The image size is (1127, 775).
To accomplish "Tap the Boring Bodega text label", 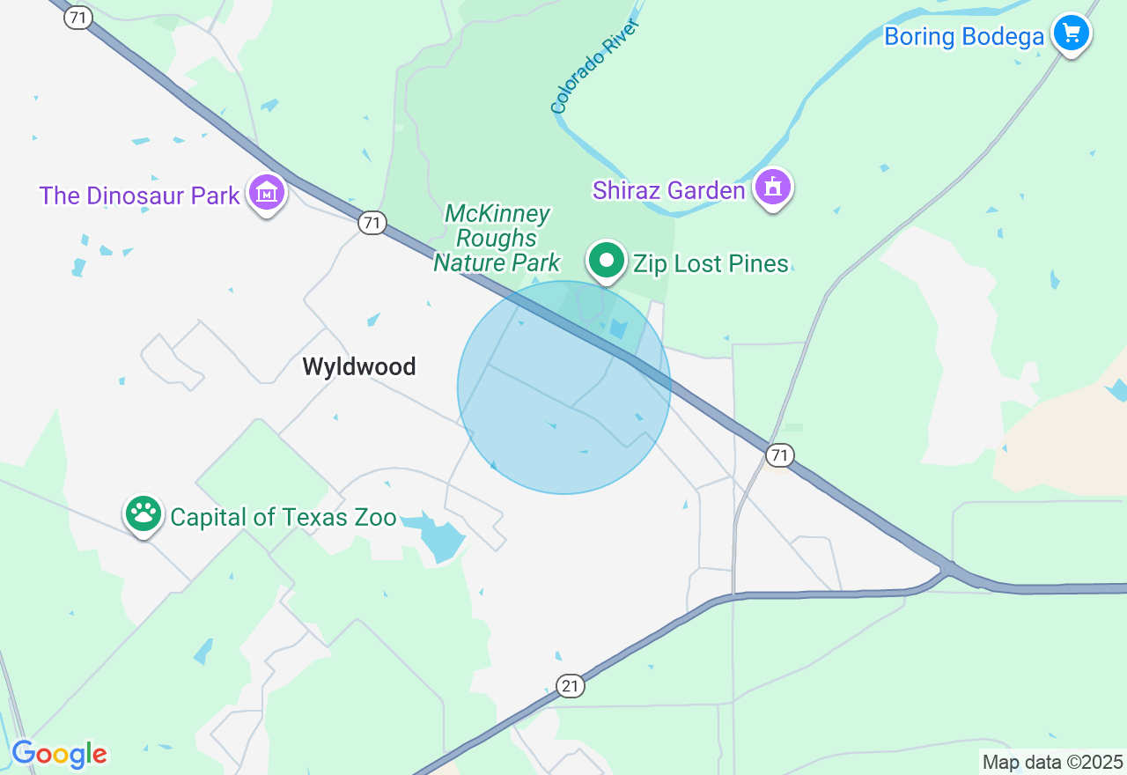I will pyautogui.click(x=964, y=37).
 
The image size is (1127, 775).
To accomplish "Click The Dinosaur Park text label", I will pyautogui.click(x=139, y=196).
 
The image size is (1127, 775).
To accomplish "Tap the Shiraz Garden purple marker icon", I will pyautogui.click(x=773, y=187).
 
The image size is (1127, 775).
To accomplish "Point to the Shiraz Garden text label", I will pyautogui.click(x=669, y=190).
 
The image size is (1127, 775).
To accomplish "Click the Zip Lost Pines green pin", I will pyautogui.click(x=607, y=261).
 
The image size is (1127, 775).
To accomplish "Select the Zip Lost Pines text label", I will pyautogui.click(x=711, y=263).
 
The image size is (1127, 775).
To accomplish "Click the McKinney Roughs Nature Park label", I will pyautogui.click(x=497, y=238).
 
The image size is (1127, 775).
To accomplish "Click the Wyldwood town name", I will pyautogui.click(x=359, y=366).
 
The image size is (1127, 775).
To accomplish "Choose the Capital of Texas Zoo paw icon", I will pyautogui.click(x=144, y=513).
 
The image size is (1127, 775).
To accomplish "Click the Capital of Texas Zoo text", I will pyautogui.click(x=284, y=517).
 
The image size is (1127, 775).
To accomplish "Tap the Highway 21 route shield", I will pyautogui.click(x=571, y=686).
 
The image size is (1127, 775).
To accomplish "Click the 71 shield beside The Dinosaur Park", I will pyautogui.click(x=372, y=223).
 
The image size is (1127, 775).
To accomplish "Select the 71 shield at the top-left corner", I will pyautogui.click(x=78, y=17).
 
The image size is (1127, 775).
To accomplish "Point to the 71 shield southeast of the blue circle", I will pyautogui.click(x=778, y=454).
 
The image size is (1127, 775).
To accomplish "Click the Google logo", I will pyautogui.click(x=60, y=754).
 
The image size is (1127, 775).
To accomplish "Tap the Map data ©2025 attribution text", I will pyautogui.click(x=1052, y=762).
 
